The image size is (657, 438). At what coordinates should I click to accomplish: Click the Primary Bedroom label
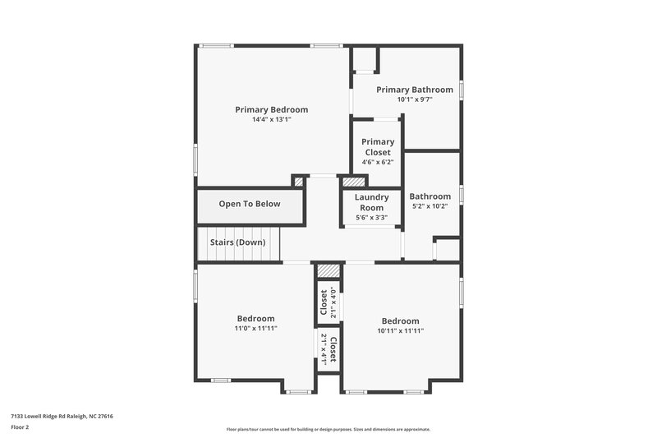point(271,109)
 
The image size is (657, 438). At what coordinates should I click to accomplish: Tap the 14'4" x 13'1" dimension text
point(271,120)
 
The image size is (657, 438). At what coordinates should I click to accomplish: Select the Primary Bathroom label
point(414,90)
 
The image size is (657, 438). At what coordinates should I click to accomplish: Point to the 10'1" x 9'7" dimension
point(414,99)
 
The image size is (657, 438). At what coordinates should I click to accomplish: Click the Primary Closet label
point(378,147)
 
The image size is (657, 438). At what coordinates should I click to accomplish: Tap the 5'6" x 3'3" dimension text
point(371,218)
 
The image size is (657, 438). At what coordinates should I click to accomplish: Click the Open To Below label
point(249,204)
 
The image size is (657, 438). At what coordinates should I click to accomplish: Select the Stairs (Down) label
point(238,242)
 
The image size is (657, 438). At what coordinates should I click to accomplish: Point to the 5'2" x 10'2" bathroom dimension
point(430,206)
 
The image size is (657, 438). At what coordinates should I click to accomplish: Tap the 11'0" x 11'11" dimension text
point(255,328)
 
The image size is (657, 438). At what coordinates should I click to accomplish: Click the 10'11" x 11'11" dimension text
point(400,330)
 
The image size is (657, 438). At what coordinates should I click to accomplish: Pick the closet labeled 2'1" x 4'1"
point(328,348)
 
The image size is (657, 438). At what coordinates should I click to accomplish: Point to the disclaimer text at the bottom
point(328,429)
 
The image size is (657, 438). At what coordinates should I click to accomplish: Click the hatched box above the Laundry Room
point(353,182)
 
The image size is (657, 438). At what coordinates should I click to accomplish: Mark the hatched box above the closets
point(328,271)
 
